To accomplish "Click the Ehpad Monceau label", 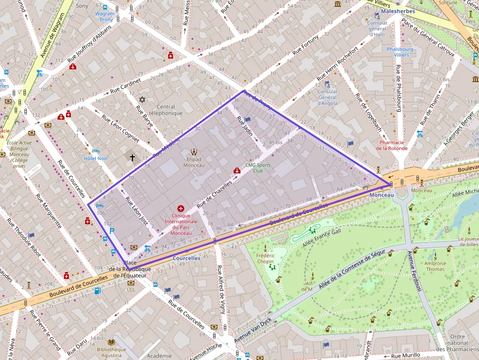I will point(194,162).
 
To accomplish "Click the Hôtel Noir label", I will point(95,158).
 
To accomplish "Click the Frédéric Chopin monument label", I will point(265,258).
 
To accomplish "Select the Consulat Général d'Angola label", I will point(327,97).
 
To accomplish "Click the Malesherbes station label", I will point(397,11).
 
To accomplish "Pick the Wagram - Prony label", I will point(106,17).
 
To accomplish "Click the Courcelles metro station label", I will point(187,258).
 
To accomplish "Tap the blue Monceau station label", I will point(381,195).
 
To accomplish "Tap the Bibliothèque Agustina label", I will point(111,352).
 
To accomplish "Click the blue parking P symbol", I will point(112,231).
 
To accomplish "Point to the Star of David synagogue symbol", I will point(142,100).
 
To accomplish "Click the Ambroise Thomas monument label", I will point(435,266).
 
